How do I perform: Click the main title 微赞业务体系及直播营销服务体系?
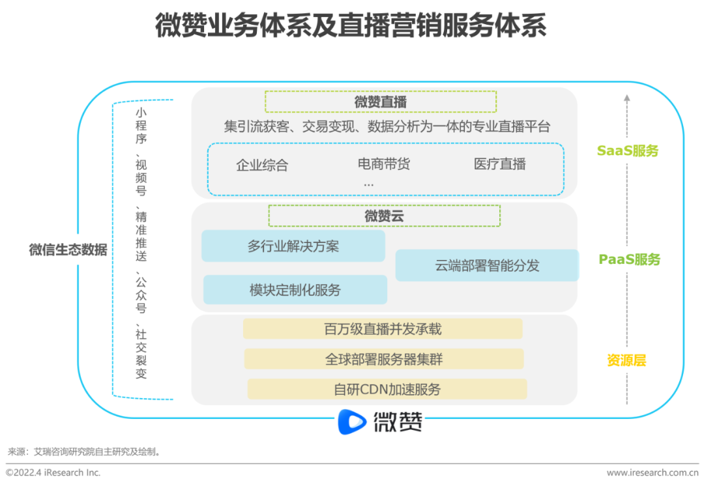click(350, 27)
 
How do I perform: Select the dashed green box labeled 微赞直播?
click(381, 102)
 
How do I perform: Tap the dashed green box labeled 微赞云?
click(384, 216)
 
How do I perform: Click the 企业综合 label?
click(262, 165)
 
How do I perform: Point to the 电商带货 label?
click(384, 164)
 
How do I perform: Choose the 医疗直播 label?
click(500, 164)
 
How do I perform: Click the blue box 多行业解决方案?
click(293, 246)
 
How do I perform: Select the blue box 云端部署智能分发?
click(487, 266)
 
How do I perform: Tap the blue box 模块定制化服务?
click(295, 290)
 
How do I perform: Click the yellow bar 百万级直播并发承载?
click(383, 329)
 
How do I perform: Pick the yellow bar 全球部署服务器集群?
click(384, 359)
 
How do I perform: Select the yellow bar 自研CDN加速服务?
click(387, 389)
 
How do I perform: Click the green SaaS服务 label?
click(628, 151)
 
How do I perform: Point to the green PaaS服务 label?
click(630, 259)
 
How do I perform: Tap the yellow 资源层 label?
click(626, 360)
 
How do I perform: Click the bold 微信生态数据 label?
click(68, 250)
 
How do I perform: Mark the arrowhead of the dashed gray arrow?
click(626, 99)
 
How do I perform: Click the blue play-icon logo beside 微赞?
click(353, 422)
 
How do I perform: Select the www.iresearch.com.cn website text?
click(652, 473)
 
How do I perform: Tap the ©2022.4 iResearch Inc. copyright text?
click(53, 473)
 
